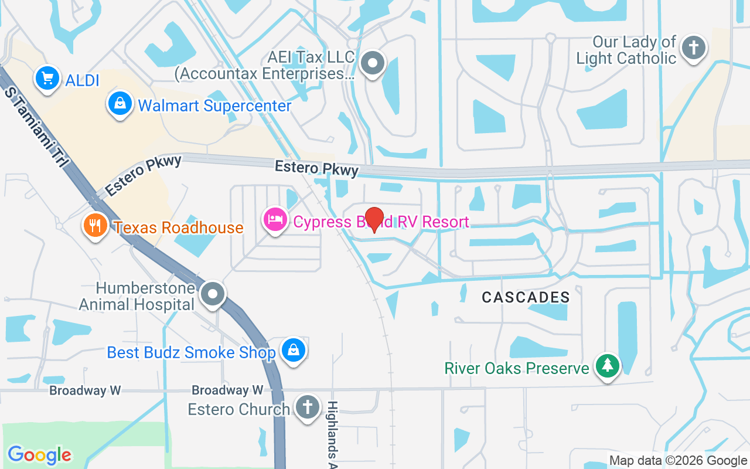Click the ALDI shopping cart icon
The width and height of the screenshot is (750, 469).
tap(47, 79)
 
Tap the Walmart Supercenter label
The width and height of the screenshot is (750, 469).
tap(214, 106)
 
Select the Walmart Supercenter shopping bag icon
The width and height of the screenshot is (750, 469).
tap(120, 104)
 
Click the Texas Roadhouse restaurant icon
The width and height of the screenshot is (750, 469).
tap(95, 226)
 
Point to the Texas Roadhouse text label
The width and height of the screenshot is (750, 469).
tap(179, 227)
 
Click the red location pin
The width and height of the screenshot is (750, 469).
tap(374, 219)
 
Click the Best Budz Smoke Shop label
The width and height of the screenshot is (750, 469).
tap(191, 352)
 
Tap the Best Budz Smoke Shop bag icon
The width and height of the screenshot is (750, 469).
tap(292, 351)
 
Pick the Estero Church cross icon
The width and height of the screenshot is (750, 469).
tap(306, 407)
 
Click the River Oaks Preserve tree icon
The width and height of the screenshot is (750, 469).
tap(608, 366)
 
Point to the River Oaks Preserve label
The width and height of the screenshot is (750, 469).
tap(517, 368)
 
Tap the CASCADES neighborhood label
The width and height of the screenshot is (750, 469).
tap(526, 298)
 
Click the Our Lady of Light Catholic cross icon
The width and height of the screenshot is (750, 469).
tap(695, 47)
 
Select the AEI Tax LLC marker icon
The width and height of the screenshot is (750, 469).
tap(371, 63)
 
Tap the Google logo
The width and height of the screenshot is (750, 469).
tap(39, 454)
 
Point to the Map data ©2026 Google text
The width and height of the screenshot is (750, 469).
tap(678, 461)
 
